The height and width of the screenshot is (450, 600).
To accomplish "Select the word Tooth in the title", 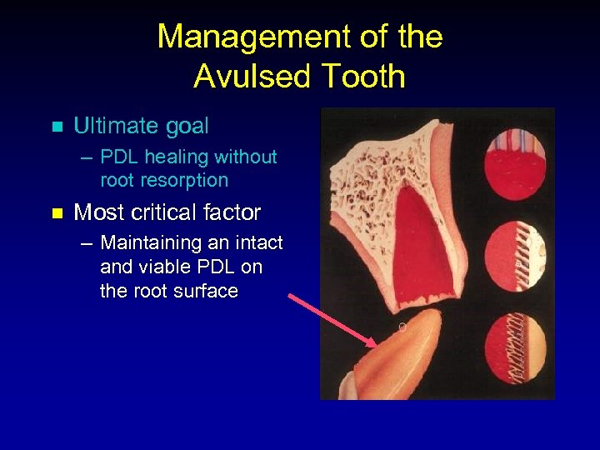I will [360, 77].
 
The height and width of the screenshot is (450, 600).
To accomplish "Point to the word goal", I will [187, 127].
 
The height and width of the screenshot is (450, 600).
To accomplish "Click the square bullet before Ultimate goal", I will [57, 127].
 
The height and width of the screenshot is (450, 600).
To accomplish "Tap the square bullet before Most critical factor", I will [57, 213].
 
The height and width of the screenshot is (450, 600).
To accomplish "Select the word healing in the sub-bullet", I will [177, 157].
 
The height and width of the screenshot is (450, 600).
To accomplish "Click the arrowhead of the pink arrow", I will [372, 341].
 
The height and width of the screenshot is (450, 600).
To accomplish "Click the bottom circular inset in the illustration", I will [517, 348].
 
